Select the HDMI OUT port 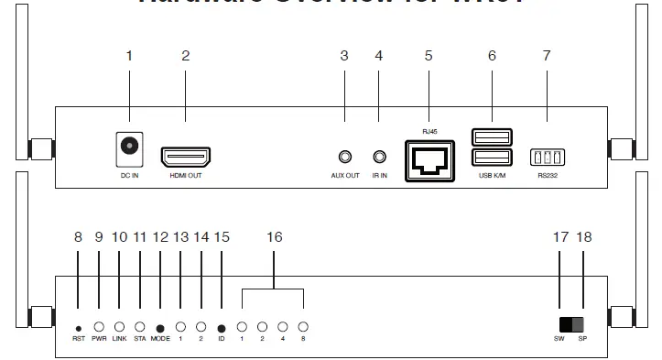point(185,157)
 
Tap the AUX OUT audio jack point(344,158)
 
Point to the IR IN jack point(379,158)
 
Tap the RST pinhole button point(78,327)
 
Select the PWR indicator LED point(99,326)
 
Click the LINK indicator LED point(119,326)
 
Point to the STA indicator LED point(140,326)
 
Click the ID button point(222,327)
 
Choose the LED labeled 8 point(303,326)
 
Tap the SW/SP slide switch point(570,325)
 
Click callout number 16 point(274,237)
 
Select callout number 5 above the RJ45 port point(429,56)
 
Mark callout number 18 point(584,237)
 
